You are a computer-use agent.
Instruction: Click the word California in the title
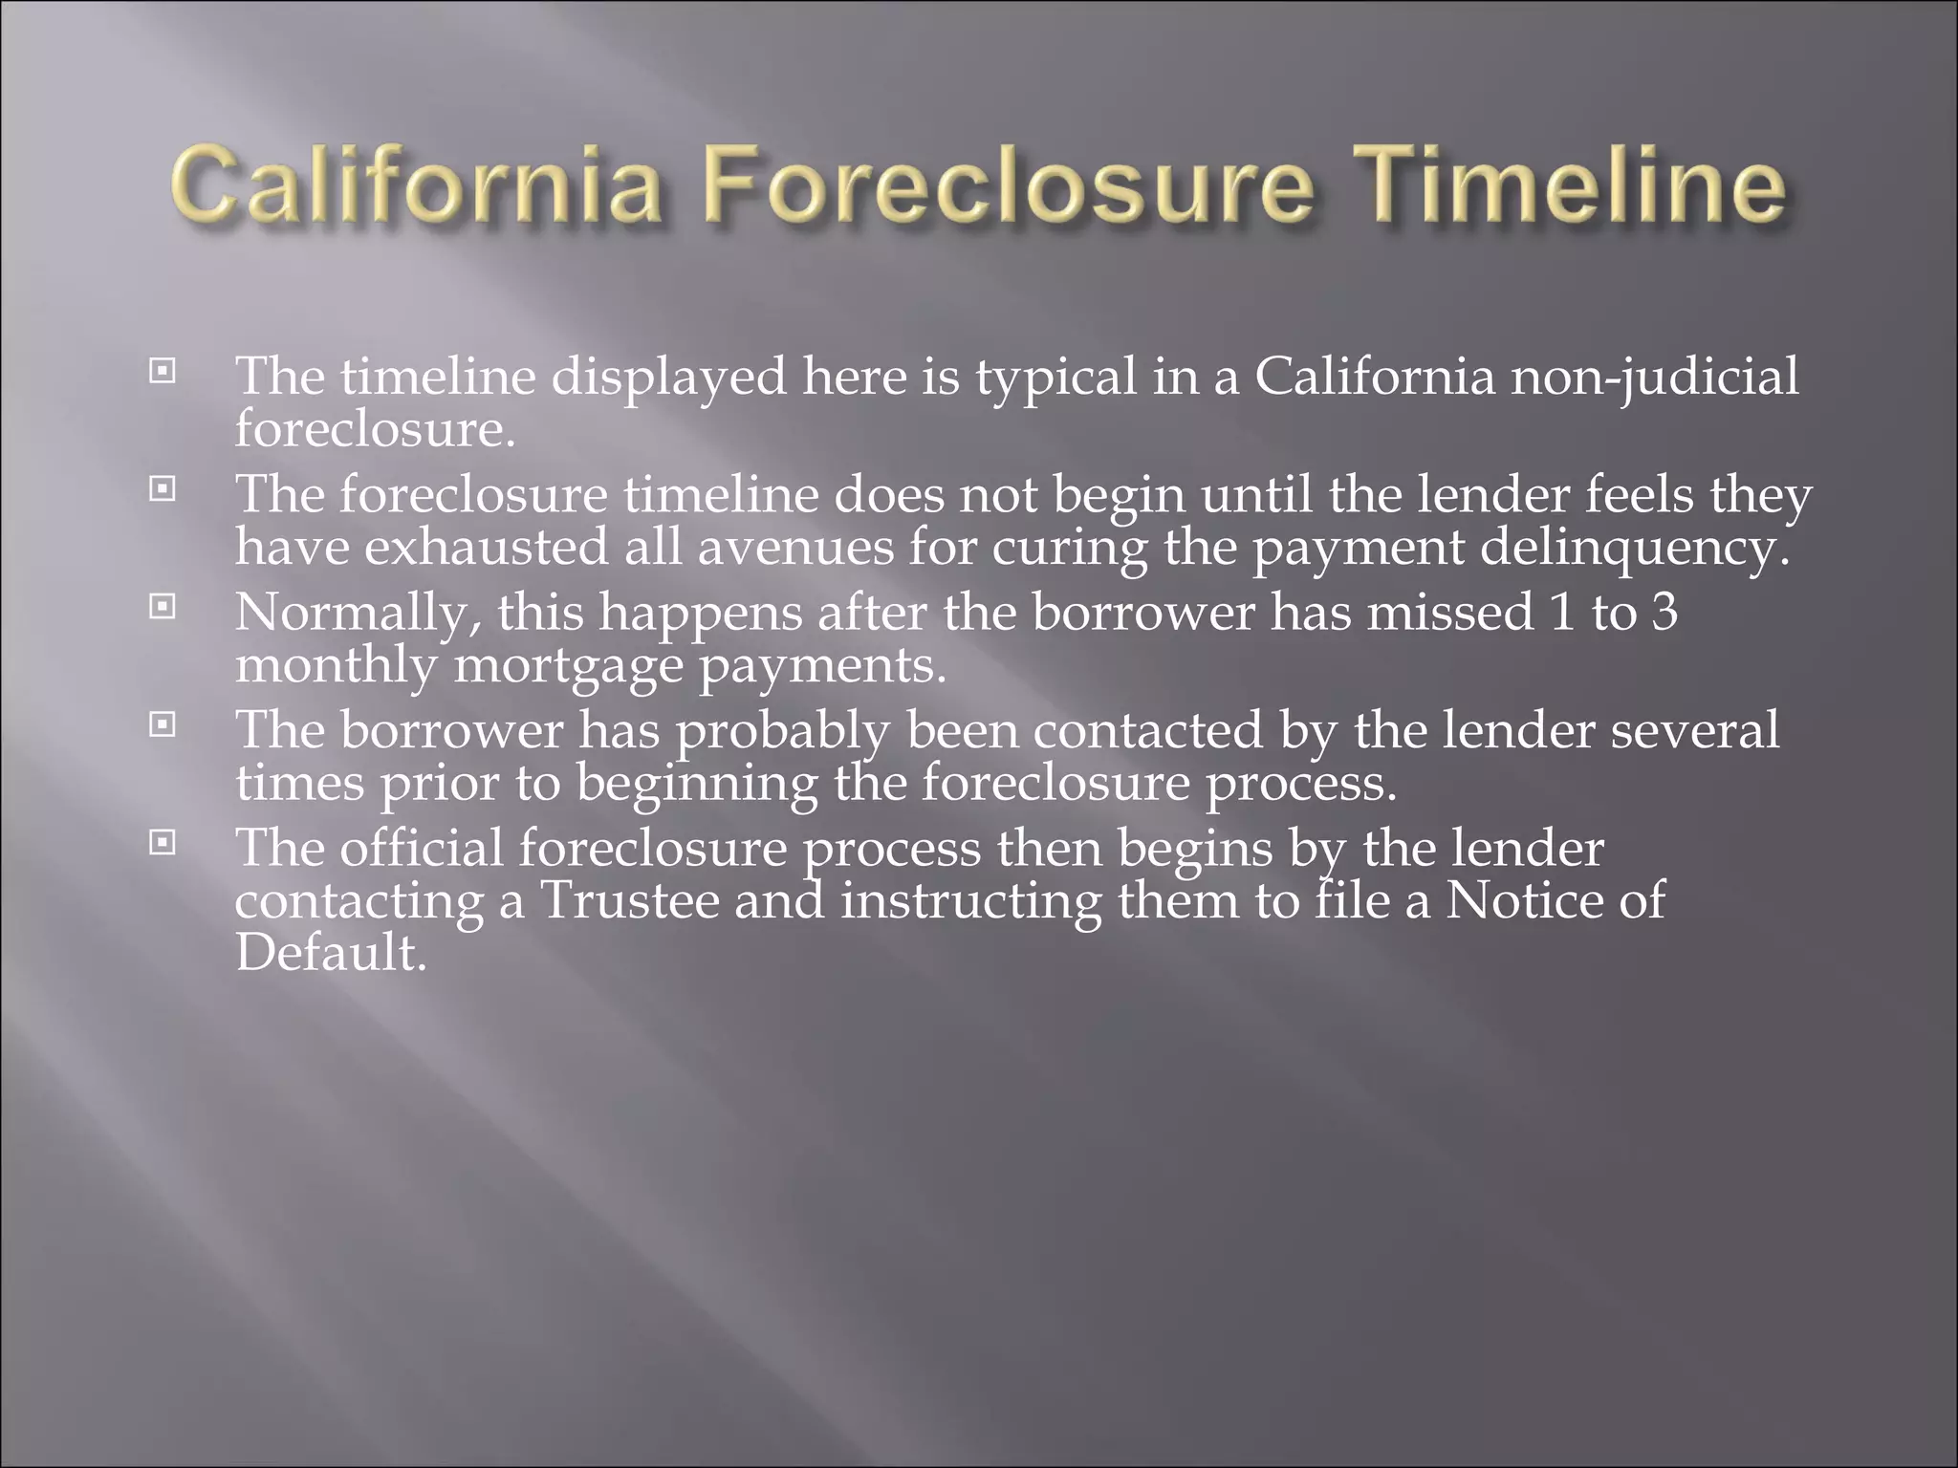tap(415, 187)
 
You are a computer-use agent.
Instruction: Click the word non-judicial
tap(1654, 378)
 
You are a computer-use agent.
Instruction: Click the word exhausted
tap(486, 548)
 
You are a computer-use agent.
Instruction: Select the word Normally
tap(358, 614)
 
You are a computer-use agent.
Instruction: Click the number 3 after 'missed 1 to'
tap(1664, 612)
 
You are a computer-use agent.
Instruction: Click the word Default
tap(331, 953)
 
